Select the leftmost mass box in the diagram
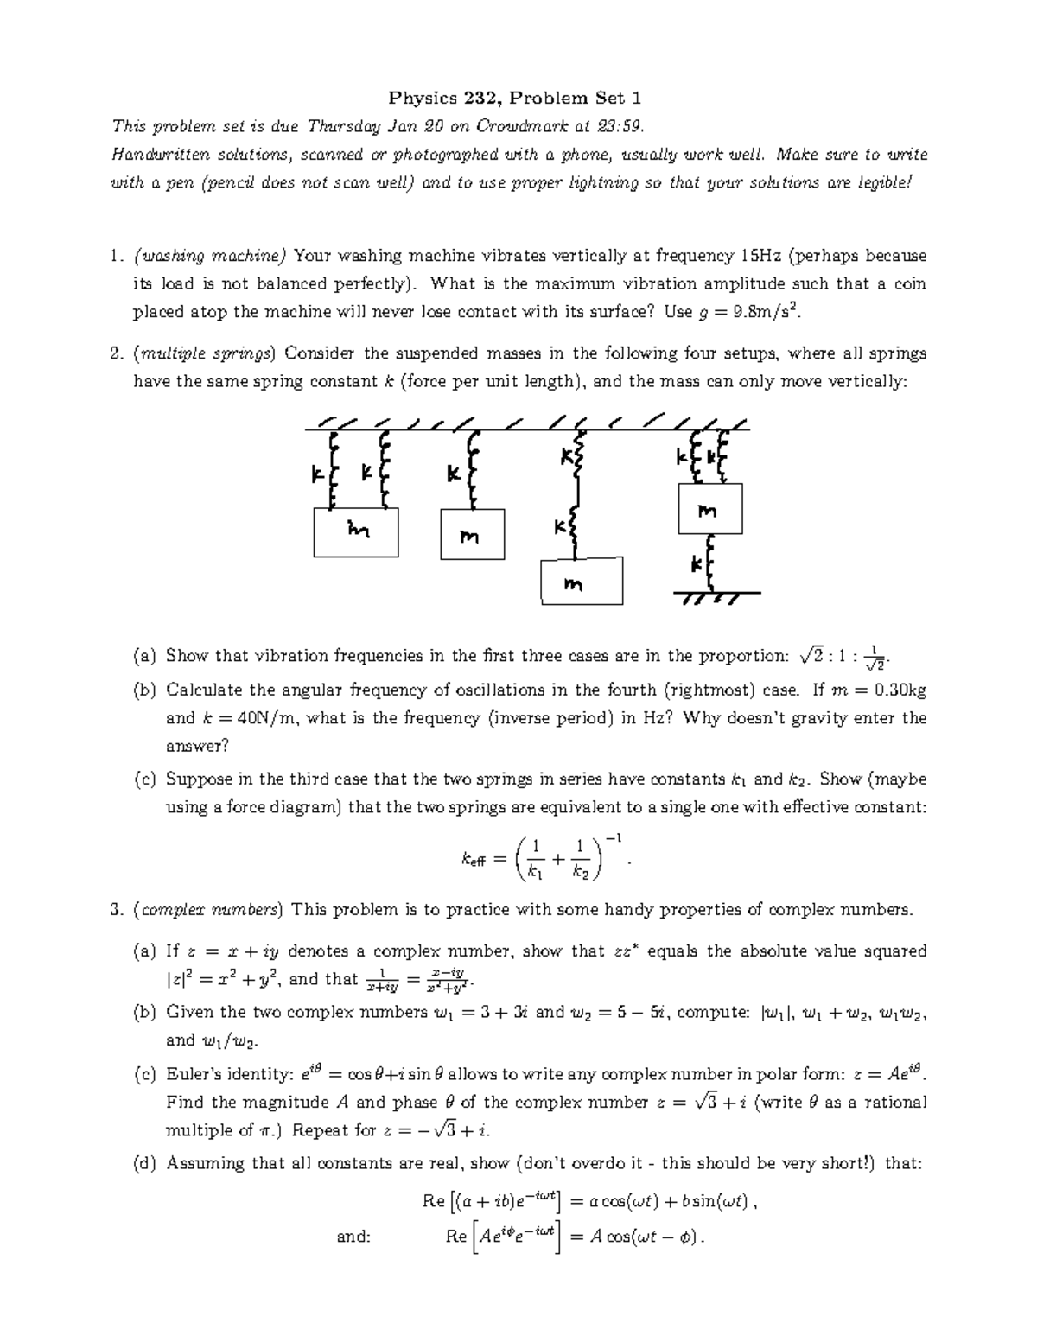355,532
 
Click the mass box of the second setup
471,537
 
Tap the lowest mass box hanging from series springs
581,582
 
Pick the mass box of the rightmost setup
709,509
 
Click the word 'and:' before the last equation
353,1237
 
